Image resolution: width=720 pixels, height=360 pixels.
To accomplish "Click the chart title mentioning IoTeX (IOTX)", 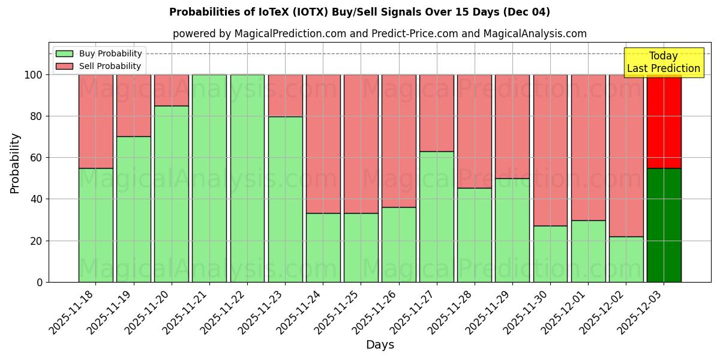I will pyautogui.click(x=359, y=12).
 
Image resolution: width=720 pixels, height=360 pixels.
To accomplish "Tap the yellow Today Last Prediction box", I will pyautogui.click(x=664, y=62).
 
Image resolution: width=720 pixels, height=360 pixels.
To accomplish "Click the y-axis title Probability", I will pyautogui.click(x=15, y=163).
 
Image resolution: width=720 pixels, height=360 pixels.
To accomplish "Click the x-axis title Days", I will pyautogui.click(x=380, y=345).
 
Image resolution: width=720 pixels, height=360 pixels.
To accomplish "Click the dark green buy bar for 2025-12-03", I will pyautogui.click(x=664, y=225).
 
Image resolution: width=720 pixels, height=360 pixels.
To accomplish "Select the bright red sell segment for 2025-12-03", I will pyautogui.click(x=664, y=121).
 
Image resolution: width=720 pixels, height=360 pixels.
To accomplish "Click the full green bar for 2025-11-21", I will pyautogui.click(x=209, y=178).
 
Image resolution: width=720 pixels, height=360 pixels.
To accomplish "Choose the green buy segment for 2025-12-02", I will pyautogui.click(x=626, y=259).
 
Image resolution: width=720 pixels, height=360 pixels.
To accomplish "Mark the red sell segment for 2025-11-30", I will pyautogui.click(x=550, y=150).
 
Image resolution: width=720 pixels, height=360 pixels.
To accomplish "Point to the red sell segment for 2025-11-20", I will pyautogui.click(x=172, y=90).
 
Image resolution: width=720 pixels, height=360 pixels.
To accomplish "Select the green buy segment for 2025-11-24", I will pyautogui.click(x=323, y=247).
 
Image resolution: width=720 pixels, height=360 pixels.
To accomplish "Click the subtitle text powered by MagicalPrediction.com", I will pyautogui.click(x=380, y=34).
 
